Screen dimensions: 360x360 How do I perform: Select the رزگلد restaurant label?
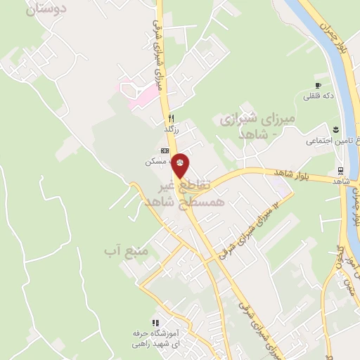pyautogui.click(x=172, y=129)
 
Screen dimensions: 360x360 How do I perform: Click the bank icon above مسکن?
pyautogui.click(x=165, y=150)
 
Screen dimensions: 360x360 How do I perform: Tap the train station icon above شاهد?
pyautogui.click(x=340, y=170)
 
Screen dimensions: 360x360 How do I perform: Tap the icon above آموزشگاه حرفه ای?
pyautogui.click(x=155, y=322)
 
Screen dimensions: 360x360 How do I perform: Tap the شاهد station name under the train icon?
pyautogui.click(x=340, y=181)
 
